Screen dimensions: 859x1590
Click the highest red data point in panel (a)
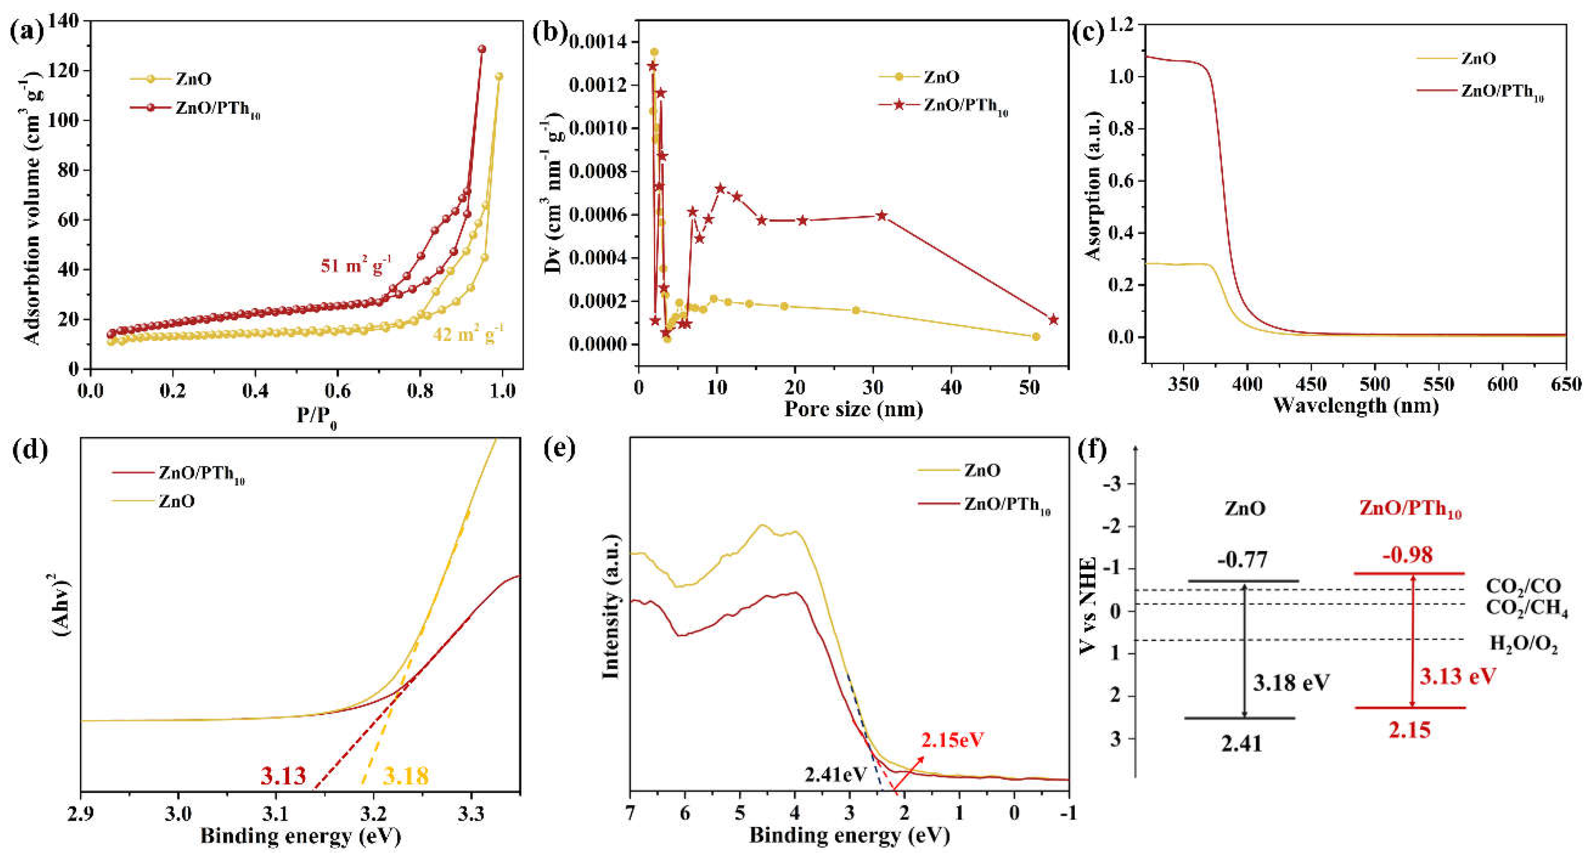pos(482,49)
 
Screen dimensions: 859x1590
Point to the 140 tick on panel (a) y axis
pos(64,21)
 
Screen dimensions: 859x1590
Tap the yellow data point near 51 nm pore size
pos(1036,336)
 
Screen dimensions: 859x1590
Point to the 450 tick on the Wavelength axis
pos(1311,385)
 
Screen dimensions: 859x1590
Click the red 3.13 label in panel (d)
pos(283,776)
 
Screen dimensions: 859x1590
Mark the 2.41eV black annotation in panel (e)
pos(835,774)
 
